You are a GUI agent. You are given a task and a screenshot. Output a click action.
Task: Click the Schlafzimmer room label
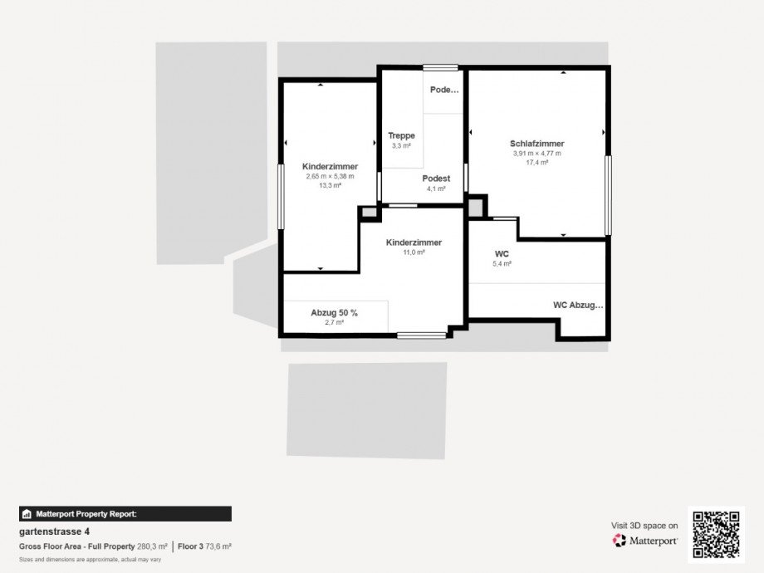(x=536, y=144)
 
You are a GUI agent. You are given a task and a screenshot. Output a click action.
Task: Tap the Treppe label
(x=401, y=135)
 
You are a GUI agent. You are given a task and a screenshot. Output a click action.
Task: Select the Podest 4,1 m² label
(x=436, y=179)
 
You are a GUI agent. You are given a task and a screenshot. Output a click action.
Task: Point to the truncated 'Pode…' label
(x=444, y=90)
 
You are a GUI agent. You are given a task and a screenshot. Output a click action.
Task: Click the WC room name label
(x=501, y=253)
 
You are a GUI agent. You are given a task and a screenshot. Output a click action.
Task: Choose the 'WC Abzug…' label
(x=578, y=305)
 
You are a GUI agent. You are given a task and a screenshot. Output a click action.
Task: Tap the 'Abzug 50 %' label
(x=334, y=312)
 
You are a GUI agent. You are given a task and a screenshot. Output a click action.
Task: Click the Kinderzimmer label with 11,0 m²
(x=414, y=242)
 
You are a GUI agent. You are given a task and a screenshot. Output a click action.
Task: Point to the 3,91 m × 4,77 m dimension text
(x=536, y=154)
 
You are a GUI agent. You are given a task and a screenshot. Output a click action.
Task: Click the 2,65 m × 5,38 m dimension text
(x=330, y=176)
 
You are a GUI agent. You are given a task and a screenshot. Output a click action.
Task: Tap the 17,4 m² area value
(x=536, y=163)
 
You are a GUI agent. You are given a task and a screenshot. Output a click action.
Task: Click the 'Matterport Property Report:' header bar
(x=125, y=514)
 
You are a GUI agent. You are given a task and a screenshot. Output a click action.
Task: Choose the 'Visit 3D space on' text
(x=644, y=526)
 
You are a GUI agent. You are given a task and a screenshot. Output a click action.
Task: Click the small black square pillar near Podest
(x=476, y=206)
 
